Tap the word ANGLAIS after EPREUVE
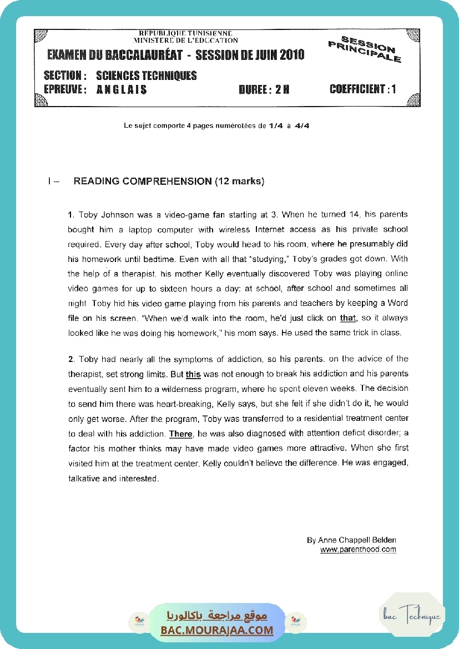coord(122,89)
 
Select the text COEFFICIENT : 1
coord(362,89)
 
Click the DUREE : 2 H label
coord(264,89)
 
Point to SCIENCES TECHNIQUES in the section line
coord(146,76)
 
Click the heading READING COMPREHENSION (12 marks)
coord(169,181)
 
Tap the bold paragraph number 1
coord(70,214)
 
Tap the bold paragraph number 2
coord(70,359)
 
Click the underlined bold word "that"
coord(347,318)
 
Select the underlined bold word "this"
coord(193,374)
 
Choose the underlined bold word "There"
coord(180,434)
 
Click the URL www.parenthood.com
coord(358,550)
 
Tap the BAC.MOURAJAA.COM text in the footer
coord(217,630)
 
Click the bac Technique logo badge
coord(412,616)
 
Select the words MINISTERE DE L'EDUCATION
coord(185,40)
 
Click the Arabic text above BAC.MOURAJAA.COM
coord(217,616)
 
